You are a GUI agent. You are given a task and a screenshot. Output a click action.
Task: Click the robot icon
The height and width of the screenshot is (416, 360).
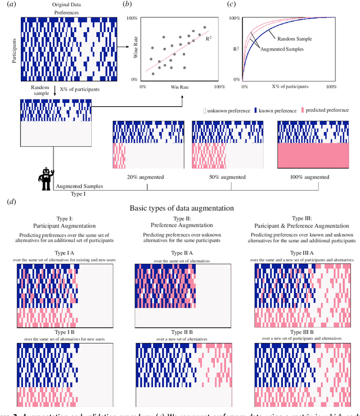pyautogui.click(x=45, y=179)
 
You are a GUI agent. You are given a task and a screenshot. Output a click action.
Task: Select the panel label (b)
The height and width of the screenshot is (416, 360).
pyautogui.click(x=128, y=5)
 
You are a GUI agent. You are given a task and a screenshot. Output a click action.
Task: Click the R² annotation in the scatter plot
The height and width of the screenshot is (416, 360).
pyautogui.click(x=209, y=39)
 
